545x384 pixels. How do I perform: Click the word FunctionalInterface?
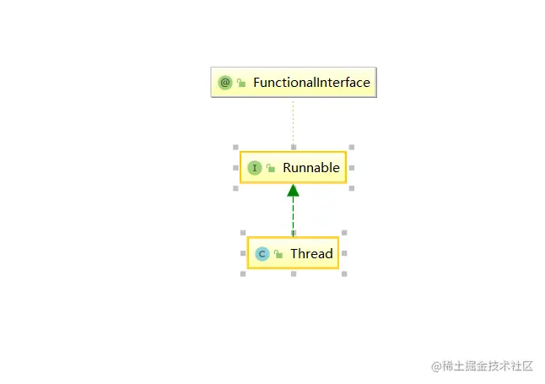click(311, 83)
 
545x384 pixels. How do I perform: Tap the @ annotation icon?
click(225, 83)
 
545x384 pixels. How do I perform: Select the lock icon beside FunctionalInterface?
click(241, 83)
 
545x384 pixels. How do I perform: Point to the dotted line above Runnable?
click(293, 123)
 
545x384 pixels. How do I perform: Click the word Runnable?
click(311, 168)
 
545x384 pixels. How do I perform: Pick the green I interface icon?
click(255, 168)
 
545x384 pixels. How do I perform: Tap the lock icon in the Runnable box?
click(271, 168)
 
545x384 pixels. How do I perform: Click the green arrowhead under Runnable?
click(293, 190)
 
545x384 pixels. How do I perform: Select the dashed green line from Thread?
click(293, 216)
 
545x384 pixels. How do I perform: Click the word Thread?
click(311, 253)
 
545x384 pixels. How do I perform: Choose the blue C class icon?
click(262, 254)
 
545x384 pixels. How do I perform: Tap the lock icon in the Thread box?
click(278, 254)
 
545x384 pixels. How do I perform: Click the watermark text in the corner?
click(482, 366)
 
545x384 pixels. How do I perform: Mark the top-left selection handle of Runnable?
click(235, 147)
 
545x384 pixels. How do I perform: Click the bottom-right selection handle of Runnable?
click(352, 188)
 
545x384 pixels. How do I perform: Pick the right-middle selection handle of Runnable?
click(352, 168)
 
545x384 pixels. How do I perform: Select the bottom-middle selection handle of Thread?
click(294, 274)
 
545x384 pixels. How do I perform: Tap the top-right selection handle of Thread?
click(344, 233)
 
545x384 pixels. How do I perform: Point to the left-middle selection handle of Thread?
click(243, 253)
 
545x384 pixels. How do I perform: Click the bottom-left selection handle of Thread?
click(243, 274)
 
